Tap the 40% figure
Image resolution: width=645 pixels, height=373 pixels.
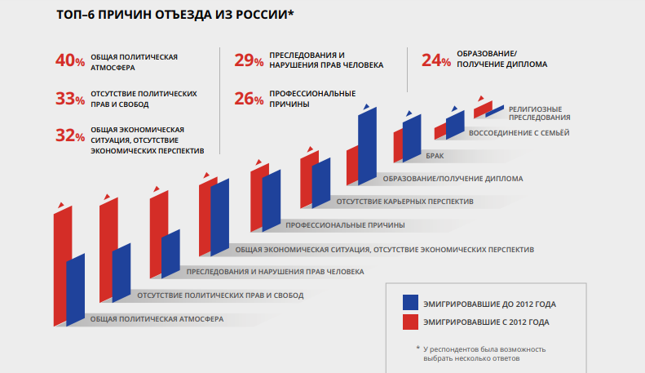pos(69,61)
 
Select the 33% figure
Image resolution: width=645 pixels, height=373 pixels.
pos(69,99)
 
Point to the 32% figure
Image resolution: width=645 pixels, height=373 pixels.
pos(69,136)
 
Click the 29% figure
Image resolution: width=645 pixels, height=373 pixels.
pos(249,61)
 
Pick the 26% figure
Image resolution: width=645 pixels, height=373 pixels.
pos(249,99)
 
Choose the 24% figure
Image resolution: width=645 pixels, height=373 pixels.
pos(436,61)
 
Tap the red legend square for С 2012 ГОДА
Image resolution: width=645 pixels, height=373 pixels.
pos(411,322)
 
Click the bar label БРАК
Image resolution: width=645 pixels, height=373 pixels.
pos(434,154)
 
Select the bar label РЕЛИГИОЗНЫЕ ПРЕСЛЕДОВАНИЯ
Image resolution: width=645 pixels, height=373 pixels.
pos(539,113)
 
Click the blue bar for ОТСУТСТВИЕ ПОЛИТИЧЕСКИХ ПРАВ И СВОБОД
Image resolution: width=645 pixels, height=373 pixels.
pos(122,269)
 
